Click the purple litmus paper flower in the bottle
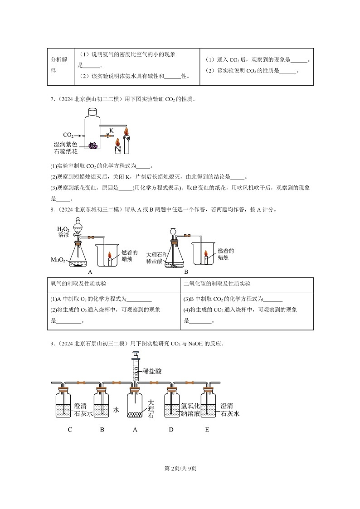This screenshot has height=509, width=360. (x=94, y=145)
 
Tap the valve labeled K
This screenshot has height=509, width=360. (x=108, y=135)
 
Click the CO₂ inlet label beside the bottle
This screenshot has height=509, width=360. (x=68, y=135)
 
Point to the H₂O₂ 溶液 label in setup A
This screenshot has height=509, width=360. (x=63, y=232)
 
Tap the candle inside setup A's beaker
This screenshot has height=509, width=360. (x=110, y=260)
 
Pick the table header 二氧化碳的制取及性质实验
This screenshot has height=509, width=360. (x=217, y=284)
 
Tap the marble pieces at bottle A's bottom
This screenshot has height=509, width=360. (x=135, y=414)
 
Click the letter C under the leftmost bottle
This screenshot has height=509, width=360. (x=70, y=430)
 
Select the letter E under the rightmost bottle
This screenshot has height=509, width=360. (x=207, y=430)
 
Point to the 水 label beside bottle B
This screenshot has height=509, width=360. (x=116, y=410)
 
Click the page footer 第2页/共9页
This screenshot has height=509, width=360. (x=180, y=468)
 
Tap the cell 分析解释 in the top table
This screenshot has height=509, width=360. (x=60, y=66)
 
